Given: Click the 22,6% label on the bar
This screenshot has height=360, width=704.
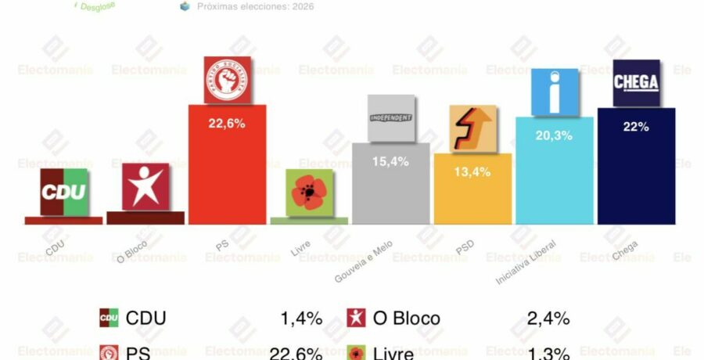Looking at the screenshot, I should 227,122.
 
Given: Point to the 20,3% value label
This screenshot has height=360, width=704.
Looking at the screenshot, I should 555,135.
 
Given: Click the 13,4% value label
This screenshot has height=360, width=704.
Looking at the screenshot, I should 472,172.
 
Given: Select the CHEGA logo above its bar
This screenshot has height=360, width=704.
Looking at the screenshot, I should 636,83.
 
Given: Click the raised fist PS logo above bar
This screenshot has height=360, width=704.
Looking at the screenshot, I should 227,80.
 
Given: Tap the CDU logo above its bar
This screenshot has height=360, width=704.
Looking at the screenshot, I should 63,192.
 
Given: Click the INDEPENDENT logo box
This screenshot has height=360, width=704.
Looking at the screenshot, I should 390,118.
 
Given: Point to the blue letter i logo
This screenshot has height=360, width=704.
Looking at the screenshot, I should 555,92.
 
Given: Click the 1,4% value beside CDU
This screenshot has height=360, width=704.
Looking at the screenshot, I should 301,318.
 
